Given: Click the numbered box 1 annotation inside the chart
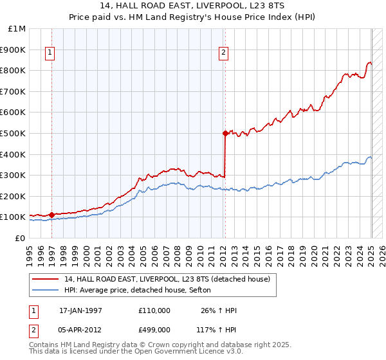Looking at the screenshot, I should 50,53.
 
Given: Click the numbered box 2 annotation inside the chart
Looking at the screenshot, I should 223,53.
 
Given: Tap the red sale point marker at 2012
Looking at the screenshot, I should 225,133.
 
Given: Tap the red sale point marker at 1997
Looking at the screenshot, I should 52,215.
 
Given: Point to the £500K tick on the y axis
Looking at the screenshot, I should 13,133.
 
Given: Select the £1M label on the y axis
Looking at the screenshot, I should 16,28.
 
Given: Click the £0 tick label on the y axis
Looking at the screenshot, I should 20,238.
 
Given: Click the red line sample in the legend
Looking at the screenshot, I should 45,279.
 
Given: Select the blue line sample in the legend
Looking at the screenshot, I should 45,291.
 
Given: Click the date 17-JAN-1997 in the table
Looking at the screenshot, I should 80,310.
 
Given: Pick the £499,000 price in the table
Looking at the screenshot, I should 154,329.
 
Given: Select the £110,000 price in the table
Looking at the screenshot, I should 154,310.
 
